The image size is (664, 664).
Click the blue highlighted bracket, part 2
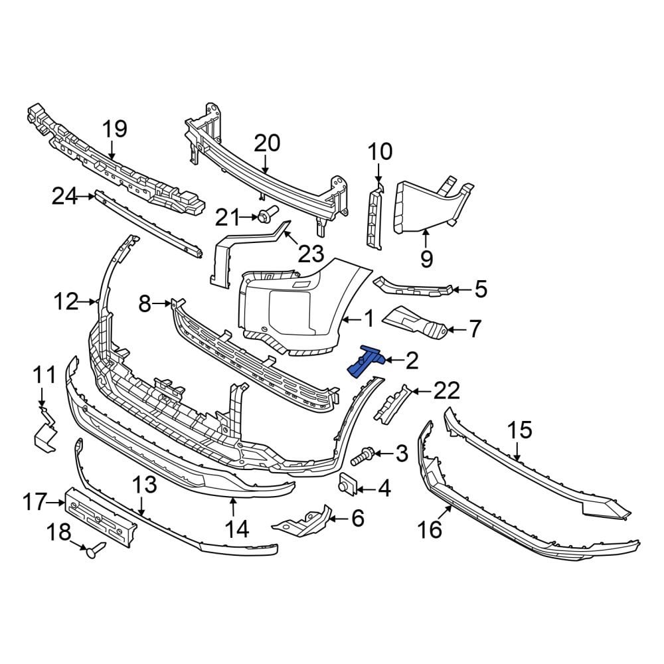point(365,361)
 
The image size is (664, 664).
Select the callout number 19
point(114,129)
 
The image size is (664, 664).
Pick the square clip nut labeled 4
point(347,485)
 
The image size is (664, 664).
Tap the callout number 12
point(66,302)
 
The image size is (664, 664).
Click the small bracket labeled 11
point(45,430)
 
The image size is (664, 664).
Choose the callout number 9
point(426,258)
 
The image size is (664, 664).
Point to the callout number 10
point(380,152)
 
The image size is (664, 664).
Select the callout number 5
point(480,289)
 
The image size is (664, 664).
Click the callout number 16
point(430,529)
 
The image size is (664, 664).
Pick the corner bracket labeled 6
point(302,521)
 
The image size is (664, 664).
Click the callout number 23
point(311,253)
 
